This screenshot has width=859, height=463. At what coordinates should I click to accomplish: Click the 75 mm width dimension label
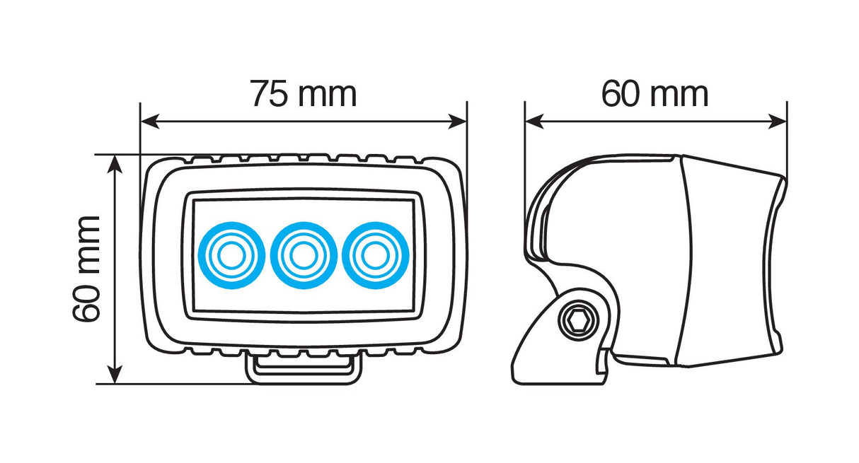coord(303,94)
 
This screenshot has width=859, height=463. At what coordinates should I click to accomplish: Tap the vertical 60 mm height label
coord(87,269)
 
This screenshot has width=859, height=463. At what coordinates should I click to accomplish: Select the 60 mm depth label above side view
coord(655,94)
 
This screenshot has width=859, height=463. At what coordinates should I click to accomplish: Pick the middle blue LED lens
coord(302,255)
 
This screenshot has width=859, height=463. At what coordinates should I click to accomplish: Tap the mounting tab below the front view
coord(302,369)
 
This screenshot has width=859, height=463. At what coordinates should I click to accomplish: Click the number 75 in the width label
coord(270,94)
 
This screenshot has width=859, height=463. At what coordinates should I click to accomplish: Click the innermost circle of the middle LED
coord(302,256)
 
